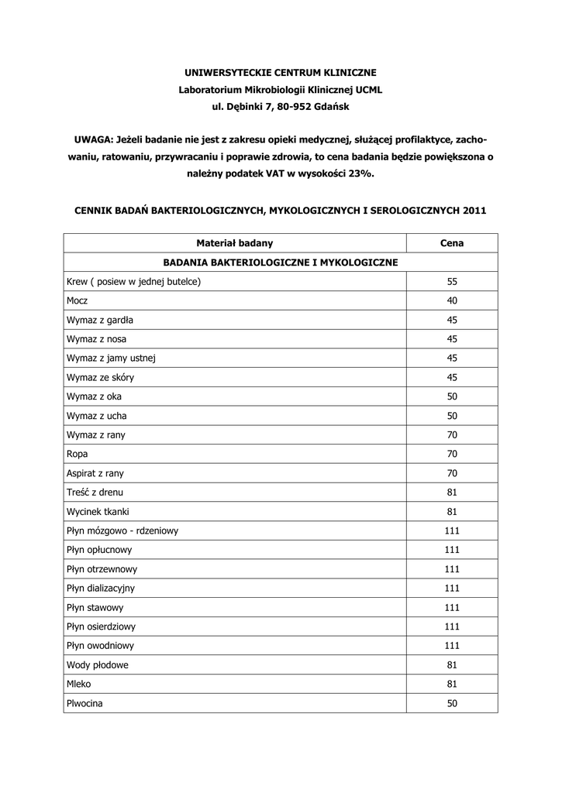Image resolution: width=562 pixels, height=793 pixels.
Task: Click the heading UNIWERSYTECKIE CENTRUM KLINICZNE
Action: point(281,72)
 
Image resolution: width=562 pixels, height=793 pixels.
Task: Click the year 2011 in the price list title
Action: point(474,210)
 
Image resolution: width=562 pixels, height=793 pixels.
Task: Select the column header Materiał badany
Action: point(235,243)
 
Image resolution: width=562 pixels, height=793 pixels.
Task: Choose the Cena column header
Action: point(452,243)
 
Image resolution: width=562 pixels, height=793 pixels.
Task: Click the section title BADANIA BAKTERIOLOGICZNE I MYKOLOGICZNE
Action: point(281,263)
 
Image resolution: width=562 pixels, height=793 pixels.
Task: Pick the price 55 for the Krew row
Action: point(452,282)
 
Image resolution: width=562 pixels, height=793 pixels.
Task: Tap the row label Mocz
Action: point(78,300)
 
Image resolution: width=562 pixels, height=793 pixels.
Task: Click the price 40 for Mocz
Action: point(452,300)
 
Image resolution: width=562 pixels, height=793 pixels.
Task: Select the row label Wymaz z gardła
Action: point(100,320)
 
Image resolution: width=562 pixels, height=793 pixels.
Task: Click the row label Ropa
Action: point(78,454)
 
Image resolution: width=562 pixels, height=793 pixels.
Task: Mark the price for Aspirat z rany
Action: point(452,473)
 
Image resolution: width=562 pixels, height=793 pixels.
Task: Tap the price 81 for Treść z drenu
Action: point(452,493)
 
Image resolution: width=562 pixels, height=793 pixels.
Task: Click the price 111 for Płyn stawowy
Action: point(452,607)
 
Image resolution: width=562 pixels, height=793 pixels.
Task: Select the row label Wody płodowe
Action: point(98,665)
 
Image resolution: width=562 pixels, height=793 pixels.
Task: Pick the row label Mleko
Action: point(79,685)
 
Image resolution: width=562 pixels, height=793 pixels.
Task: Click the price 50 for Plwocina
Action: point(452,703)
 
